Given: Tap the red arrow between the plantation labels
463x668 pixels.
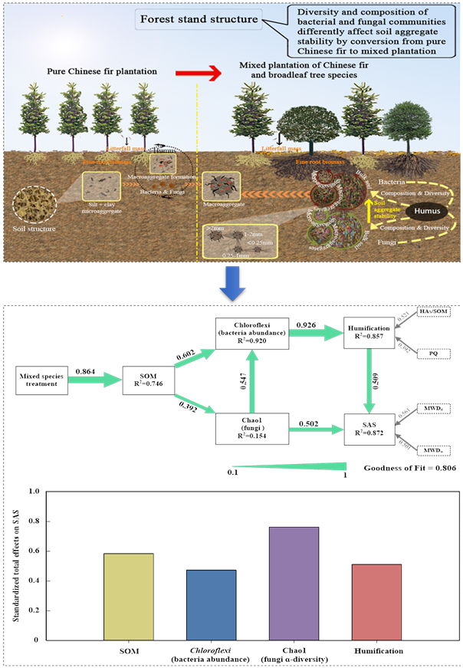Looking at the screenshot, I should tap(195, 71).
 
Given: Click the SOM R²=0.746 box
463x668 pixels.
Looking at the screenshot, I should tap(148, 379).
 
